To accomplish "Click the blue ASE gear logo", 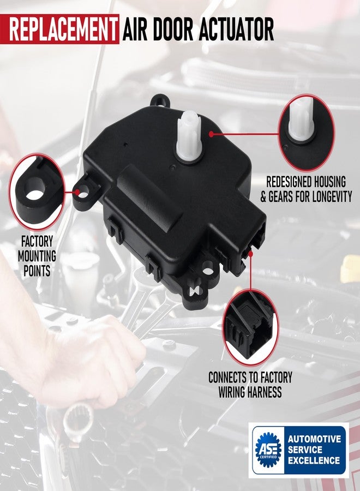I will click(x=268, y=450).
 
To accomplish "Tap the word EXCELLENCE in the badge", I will click(x=314, y=460).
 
